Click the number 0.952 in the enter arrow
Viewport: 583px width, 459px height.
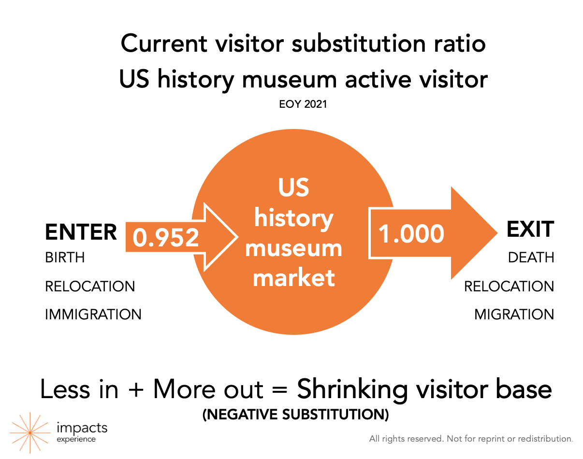click(x=166, y=238)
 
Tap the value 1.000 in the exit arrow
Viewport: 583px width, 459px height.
click(x=411, y=233)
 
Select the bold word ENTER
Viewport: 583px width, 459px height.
click(x=81, y=232)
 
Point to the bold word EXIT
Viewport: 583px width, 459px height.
click(x=530, y=229)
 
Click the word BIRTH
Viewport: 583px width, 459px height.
click(x=65, y=257)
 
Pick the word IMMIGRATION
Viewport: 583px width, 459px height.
click(x=93, y=315)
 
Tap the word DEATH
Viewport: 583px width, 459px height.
click(x=531, y=257)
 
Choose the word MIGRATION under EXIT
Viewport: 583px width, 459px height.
click(x=514, y=315)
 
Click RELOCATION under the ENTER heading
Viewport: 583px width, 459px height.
click(x=90, y=286)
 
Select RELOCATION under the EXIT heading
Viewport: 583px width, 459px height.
click(x=509, y=286)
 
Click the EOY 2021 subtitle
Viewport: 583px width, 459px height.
click(x=303, y=104)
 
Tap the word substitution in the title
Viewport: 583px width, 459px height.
click(x=359, y=43)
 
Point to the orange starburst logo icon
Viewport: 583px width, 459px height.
click(x=30, y=433)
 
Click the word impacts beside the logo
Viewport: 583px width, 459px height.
click(x=82, y=428)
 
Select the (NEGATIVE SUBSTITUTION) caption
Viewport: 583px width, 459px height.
click(x=295, y=415)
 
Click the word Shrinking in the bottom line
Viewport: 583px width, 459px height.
click(x=352, y=390)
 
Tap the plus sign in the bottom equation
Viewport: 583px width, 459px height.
click(x=136, y=391)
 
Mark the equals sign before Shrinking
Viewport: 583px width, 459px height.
click(x=280, y=390)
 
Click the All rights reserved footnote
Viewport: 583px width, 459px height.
click(x=471, y=439)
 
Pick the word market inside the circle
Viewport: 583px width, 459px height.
click(x=294, y=278)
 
